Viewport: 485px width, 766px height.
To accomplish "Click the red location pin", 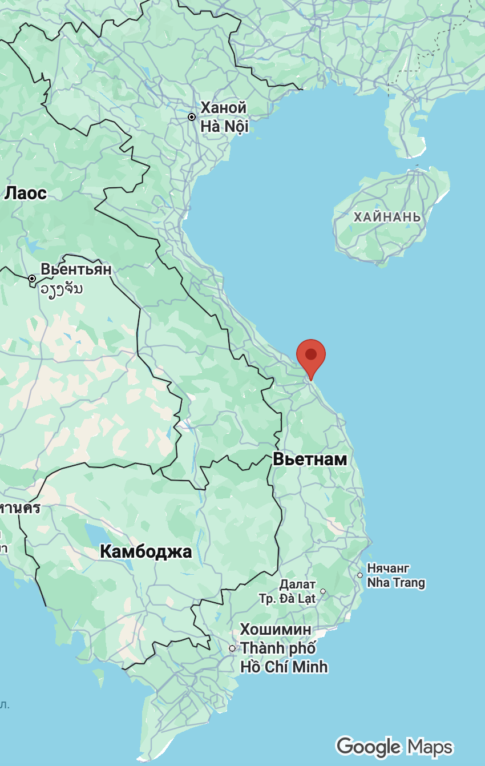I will pyautogui.click(x=311, y=356).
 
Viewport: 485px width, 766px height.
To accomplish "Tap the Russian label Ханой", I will pyautogui.click(x=224, y=108).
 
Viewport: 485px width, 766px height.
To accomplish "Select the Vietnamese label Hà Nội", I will pyautogui.click(x=224, y=126).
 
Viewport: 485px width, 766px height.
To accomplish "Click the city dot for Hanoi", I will pyautogui.click(x=192, y=117).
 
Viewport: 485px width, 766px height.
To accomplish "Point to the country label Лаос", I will pyautogui.click(x=25, y=193).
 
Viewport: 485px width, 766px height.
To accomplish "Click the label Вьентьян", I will pyautogui.click(x=76, y=269).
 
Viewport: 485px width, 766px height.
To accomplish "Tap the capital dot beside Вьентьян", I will pyautogui.click(x=32, y=279).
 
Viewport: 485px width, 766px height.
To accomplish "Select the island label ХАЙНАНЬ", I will pyautogui.click(x=387, y=217).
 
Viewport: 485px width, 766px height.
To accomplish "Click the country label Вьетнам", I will pyautogui.click(x=310, y=459).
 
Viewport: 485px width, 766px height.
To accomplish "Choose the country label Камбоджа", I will pyautogui.click(x=145, y=552).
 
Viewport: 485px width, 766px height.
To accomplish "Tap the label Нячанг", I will pyautogui.click(x=389, y=569).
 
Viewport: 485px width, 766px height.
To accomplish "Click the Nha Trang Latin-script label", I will pyautogui.click(x=396, y=583).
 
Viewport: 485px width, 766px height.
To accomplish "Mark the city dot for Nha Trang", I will pyautogui.click(x=360, y=575).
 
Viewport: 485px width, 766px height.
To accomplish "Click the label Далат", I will pyautogui.click(x=297, y=584).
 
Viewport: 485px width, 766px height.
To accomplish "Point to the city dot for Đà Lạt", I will pyautogui.click(x=323, y=591).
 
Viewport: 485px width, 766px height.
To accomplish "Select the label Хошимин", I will pyautogui.click(x=276, y=630).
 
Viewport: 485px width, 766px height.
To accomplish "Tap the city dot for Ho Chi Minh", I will pyautogui.click(x=232, y=648).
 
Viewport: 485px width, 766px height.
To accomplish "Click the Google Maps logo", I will pyautogui.click(x=394, y=747).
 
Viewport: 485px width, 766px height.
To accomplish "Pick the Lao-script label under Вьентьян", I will pyautogui.click(x=61, y=288).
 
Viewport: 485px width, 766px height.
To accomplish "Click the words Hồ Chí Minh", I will pyautogui.click(x=284, y=666).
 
